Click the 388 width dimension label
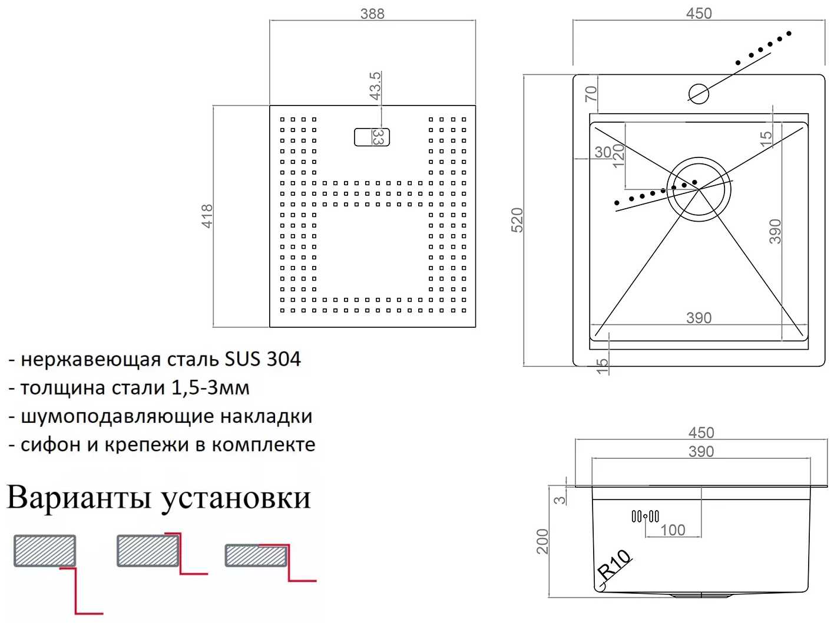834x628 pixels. coord(372,13)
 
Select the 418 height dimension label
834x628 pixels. coord(207,216)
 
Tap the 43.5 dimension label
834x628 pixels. coord(375,86)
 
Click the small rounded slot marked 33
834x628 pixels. coord(372,137)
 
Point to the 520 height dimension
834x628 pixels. coord(517,220)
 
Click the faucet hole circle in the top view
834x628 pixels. coord(699,93)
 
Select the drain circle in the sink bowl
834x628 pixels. coord(699,189)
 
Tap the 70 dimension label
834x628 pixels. coord(591,94)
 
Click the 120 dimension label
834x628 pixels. coord(618,156)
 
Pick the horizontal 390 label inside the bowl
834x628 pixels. coord(699,318)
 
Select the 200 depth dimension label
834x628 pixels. coord(542,541)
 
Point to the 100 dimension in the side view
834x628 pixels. coord(673,530)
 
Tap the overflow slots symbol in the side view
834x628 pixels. coord(645,517)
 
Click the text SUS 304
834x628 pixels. coord(263,359)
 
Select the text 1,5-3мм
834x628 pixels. coord(210,387)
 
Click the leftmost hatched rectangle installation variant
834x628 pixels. coord(45,551)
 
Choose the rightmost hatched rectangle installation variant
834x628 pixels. coord(256,555)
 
